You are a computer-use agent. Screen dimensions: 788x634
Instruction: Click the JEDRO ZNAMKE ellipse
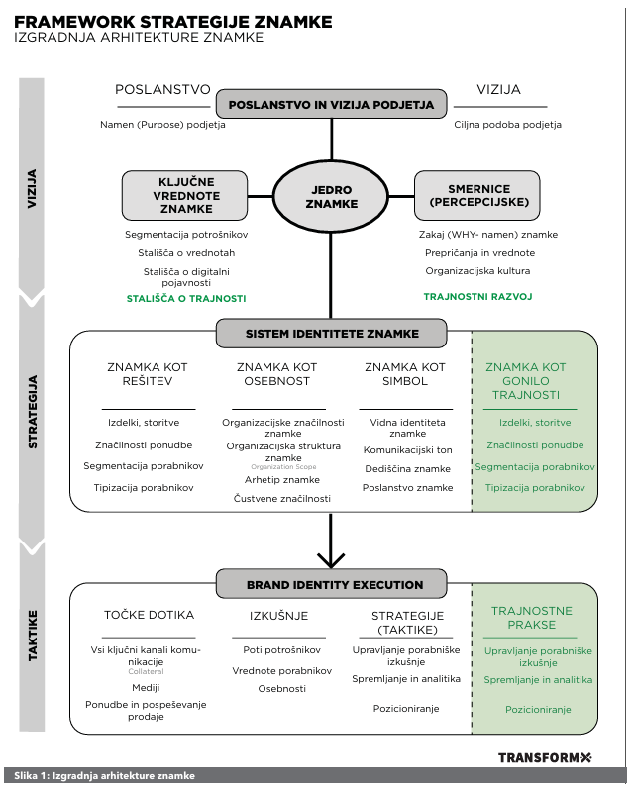pyautogui.click(x=331, y=196)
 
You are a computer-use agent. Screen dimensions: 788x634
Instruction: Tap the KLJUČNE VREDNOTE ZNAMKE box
pyautogui.click(x=185, y=195)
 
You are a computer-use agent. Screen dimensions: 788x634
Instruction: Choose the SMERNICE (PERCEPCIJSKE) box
pyautogui.click(x=477, y=195)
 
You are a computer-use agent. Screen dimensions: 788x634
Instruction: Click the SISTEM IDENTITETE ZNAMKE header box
pyautogui.click(x=332, y=334)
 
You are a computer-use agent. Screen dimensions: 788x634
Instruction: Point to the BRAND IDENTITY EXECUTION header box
pyautogui.click(x=334, y=585)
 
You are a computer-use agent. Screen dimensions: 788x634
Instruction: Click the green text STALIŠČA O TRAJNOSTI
pyautogui.click(x=186, y=298)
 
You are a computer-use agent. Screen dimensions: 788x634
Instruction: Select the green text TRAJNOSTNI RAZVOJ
pyautogui.click(x=478, y=296)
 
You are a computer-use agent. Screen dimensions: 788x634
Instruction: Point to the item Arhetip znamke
pyautogui.click(x=290, y=480)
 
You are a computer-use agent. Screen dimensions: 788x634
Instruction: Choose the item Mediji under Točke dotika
pyautogui.click(x=147, y=687)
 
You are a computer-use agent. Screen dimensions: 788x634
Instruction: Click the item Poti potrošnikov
pyautogui.click(x=282, y=650)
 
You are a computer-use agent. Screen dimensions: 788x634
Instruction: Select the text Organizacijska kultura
pyautogui.click(x=477, y=270)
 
